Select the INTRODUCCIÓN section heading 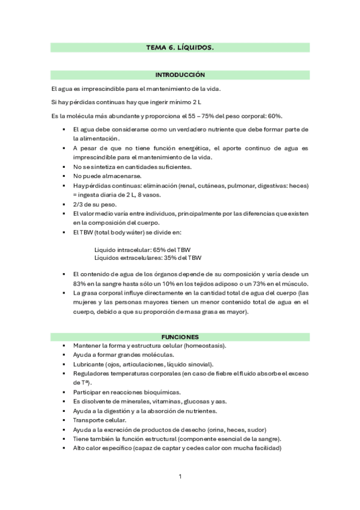[x=180, y=75]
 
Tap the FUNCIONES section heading [x=180, y=337]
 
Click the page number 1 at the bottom [x=180, y=477]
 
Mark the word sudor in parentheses [x=254, y=429]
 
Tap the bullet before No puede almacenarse [x=63, y=176]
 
